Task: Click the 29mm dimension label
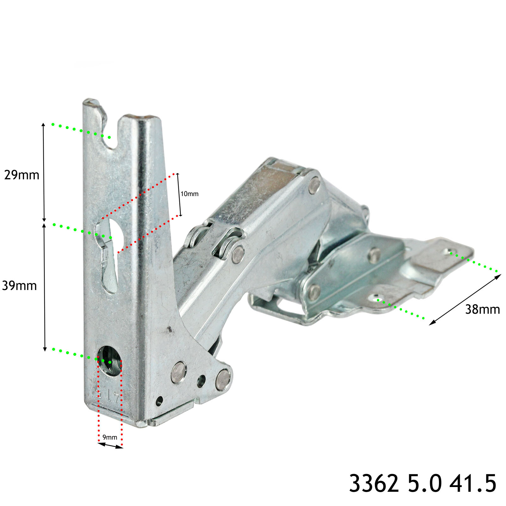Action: click(x=22, y=175)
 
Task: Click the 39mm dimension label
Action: click(x=20, y=286)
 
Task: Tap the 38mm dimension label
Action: click(x=482, y=309)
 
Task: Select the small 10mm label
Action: click(x=189, y=194)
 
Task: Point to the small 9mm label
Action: click(x=110, y=437)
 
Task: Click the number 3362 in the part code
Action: click(x=374, y=483)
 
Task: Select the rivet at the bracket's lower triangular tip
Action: click(x=223, y=379)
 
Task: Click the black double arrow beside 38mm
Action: click(x=465, y=299)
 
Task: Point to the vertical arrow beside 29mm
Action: click(x=44, y=172)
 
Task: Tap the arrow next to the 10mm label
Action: click(x=179, y=194)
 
